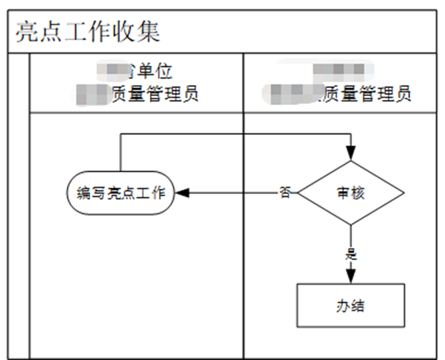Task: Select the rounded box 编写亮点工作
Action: pyautogui.click(x=120, y=194)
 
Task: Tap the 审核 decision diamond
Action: pyautogui.click(x=351, y=193)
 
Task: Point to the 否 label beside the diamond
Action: pyautogui.click(x=285, y=193)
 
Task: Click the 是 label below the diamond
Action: pyautogui.click(x=351, y=255)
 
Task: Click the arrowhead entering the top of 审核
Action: pyautogui.click(x=351, y=154)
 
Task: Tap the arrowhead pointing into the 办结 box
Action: pyautogui.click(x=351, y=278)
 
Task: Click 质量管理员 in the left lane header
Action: pyautogui.click(x=156, y=94)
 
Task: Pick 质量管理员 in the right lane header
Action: pyautogui.click(x=369, y=94)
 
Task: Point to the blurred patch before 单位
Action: pyautogui.click(x=117, y=71)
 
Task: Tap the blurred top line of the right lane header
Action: pyautogui.click(x=339, y=71)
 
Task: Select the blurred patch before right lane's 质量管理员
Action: pyautogui.click(x=296, y=94)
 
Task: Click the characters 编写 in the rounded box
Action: pyautogui.click(x=91, y=194)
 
